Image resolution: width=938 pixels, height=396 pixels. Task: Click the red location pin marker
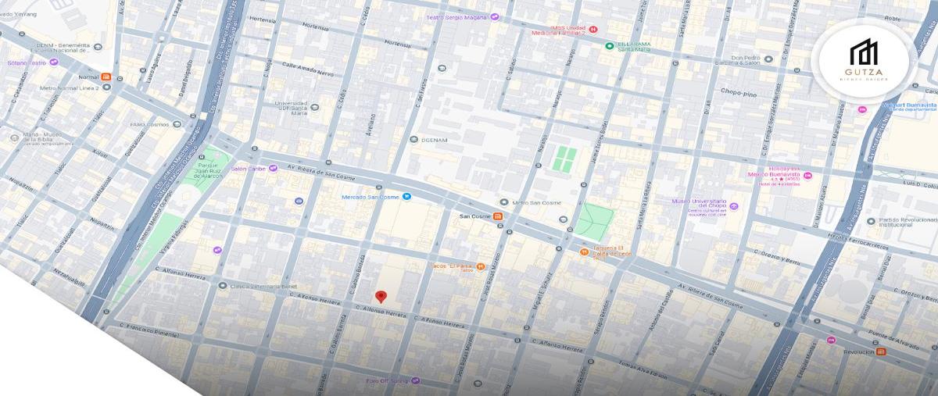click(381, 296)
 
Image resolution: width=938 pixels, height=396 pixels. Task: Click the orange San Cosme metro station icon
click(498, 216)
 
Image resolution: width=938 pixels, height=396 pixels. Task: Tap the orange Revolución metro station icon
click(882, 351)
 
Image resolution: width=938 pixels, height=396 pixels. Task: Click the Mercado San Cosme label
click(371, 197)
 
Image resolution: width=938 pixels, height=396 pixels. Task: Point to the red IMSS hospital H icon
click(593, 30)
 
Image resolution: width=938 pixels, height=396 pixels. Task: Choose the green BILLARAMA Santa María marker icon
click(609, 45)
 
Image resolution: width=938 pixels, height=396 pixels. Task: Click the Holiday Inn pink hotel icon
click(807, 176)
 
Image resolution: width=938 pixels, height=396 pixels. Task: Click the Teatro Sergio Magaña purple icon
click(495, 17)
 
